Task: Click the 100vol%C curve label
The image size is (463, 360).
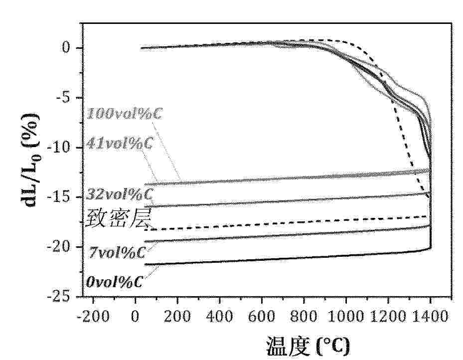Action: pos(119,113)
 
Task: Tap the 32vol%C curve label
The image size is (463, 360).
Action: pos(120,192)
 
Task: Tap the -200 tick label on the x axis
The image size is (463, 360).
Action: pos(93,316)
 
